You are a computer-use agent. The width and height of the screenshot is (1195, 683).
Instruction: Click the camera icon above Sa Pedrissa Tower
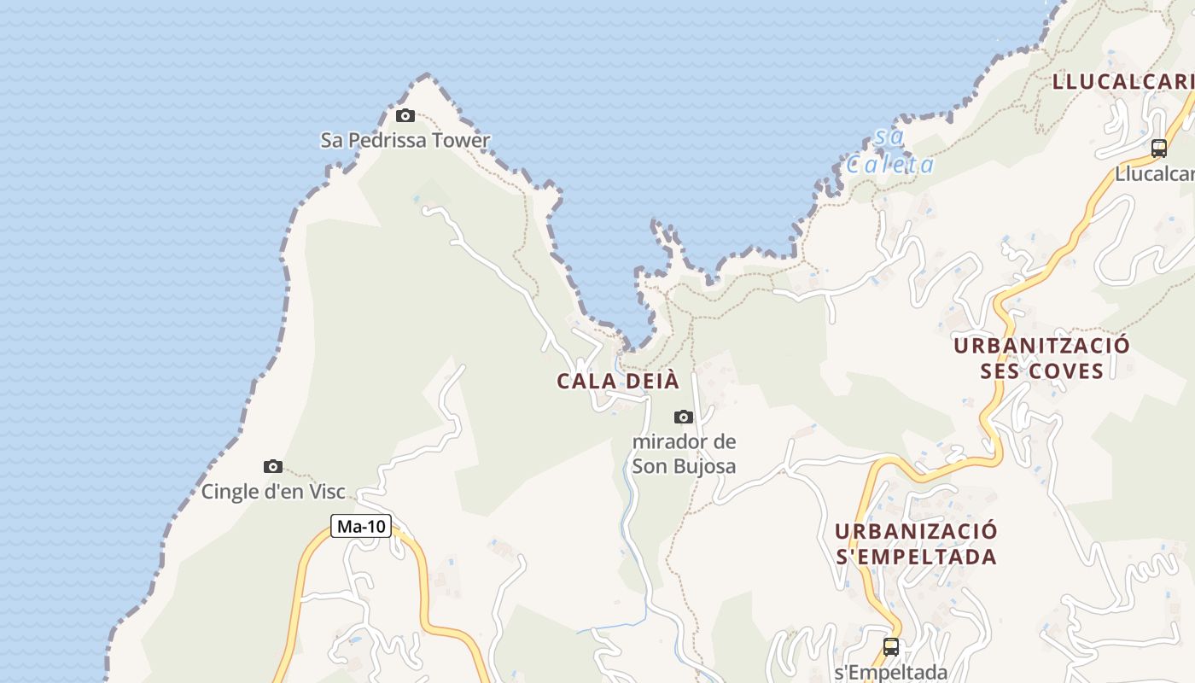[x=405, y=116]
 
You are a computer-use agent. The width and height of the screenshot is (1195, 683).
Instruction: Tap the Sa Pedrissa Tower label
[x=405, y=140]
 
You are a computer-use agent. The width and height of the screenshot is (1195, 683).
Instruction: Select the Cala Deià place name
[x=618, y=382]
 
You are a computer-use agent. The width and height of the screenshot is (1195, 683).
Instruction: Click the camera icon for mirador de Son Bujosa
[x=683, y=417]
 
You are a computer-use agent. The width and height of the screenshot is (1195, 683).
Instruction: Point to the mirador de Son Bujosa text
[x=684, y=454]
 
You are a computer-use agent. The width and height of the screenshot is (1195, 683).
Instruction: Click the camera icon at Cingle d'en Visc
[x=273, y=466]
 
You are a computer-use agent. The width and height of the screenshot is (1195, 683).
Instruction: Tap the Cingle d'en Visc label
[x=273, y=491]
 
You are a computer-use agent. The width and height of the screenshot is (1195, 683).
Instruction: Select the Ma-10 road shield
[x=361, y=527]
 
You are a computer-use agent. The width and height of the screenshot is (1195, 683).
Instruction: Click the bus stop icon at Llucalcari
[x=1158, y=149]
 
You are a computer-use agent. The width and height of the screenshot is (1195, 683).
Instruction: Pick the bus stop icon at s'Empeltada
[x=891, y=646]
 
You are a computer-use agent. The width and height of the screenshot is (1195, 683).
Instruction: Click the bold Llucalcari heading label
[x=1122, y=82]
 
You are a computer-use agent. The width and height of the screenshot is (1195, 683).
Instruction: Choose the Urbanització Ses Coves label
[x=1041, y=358]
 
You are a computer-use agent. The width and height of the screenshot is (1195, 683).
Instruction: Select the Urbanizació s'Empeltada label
[x=916, y=544]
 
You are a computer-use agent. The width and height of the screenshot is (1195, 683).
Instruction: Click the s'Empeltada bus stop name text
[x=891, y=671]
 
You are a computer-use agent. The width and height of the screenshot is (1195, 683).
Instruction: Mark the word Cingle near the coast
[x=228, y=491]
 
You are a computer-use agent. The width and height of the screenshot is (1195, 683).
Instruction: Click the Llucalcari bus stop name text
[x=1155, y=173]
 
